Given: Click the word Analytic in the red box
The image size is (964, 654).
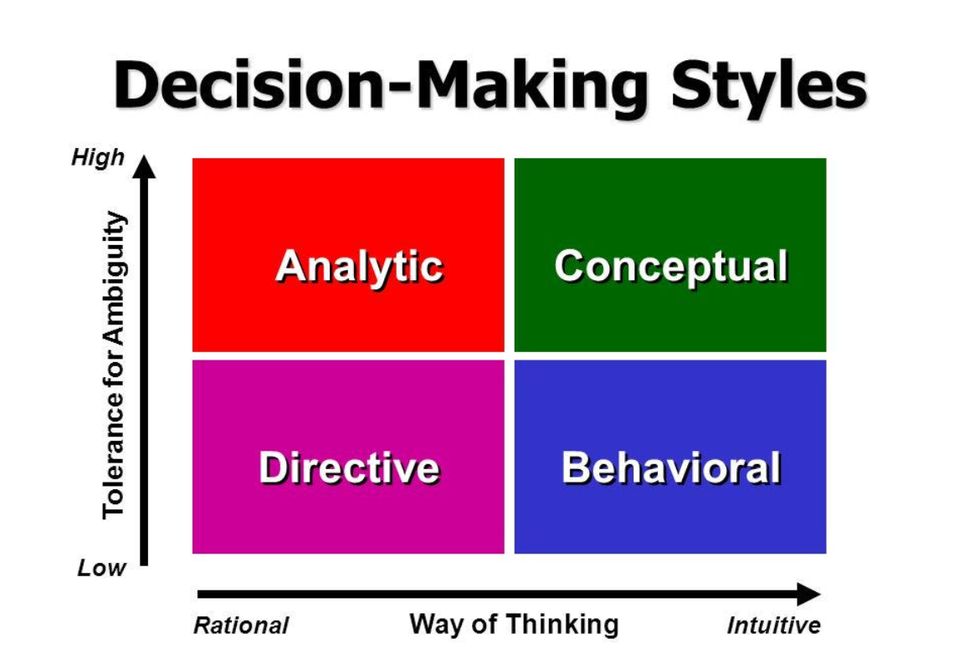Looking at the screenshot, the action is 360,268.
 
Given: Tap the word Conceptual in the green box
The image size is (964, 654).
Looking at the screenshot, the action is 671,267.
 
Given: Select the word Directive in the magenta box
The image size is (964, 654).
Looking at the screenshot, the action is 349,468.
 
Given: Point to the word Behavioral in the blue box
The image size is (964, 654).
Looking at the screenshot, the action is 671,468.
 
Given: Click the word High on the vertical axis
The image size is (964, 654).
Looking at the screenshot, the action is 99,157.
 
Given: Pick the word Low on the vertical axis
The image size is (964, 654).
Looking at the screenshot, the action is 101,568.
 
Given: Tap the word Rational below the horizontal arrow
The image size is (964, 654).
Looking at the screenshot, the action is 241,626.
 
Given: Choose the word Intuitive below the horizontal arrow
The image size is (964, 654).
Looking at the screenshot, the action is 774,626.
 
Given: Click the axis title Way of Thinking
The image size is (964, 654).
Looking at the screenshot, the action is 514,625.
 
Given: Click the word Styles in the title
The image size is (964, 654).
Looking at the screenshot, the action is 768,85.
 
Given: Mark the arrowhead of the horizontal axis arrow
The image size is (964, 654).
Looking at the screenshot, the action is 809,594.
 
